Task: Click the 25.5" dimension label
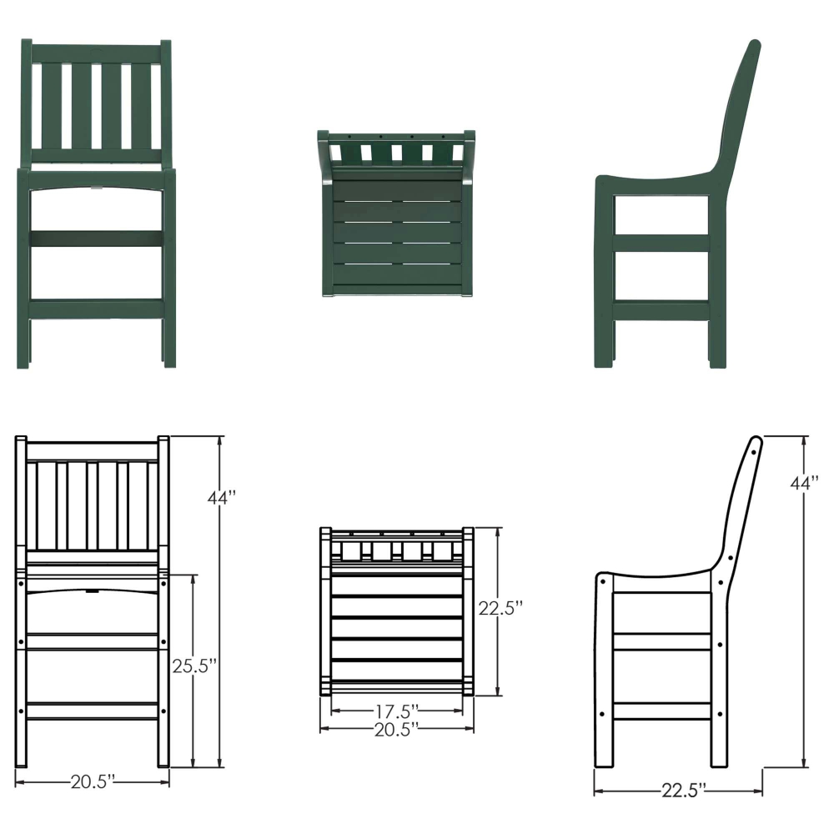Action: (x=196, y=666)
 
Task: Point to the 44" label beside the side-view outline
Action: (x=805, y=483)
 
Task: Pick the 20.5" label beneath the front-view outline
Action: (x=92, y=781)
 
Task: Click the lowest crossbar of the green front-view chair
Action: (x=97, y=309)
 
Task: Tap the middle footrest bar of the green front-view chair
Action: (x=97, y=238)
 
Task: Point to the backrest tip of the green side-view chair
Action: (x=754, y=45)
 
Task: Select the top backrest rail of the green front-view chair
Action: (x=97, y=53)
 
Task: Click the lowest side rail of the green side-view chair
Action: (x=661, y=311)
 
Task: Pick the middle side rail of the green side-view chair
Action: (x=661, y=243)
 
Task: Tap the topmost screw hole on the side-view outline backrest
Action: (x=755, y=449)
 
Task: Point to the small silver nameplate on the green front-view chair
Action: (x=97, y=188)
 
